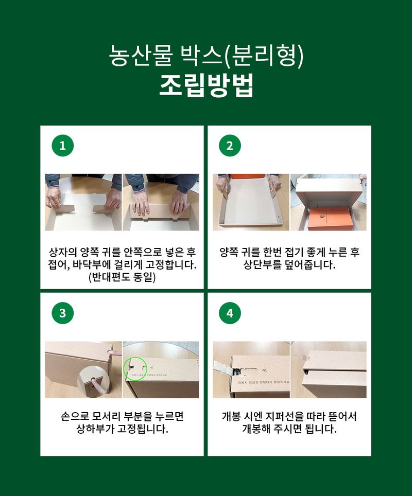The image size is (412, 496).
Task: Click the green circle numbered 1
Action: [x=62, y=146]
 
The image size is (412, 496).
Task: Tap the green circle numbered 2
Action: [x=230, y=146]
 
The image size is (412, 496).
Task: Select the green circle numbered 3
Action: [x=62, y=313]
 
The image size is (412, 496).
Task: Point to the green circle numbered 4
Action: [x=230, y=313]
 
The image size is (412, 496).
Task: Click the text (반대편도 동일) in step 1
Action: [x=122, y=278]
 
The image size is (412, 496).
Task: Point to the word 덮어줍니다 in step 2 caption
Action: [x=309, y=265]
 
